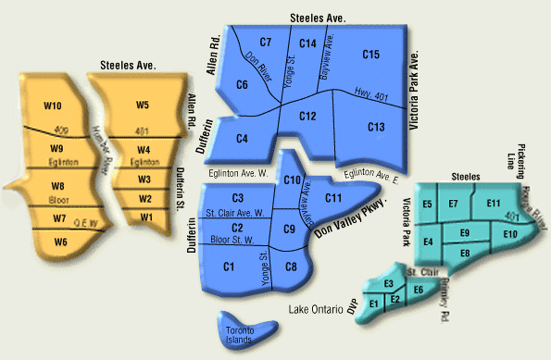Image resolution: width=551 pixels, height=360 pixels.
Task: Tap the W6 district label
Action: [x=60, y=242]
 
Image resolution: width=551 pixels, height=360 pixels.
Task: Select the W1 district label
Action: [x=145, y=217]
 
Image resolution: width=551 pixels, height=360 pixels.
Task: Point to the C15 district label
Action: [x=371, y=56]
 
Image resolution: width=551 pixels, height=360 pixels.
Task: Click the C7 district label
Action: [x=266, y=43]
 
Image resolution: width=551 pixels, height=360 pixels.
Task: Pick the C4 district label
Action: [x=242, y=139]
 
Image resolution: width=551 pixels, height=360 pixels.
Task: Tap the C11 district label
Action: [x=334, y=197]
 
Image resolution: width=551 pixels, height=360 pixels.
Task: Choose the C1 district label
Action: [x=228, y=267]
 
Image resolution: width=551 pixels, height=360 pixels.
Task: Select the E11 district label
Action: [x=493, y=204]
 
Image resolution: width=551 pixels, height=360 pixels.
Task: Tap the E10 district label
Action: [x=509, y=235]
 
